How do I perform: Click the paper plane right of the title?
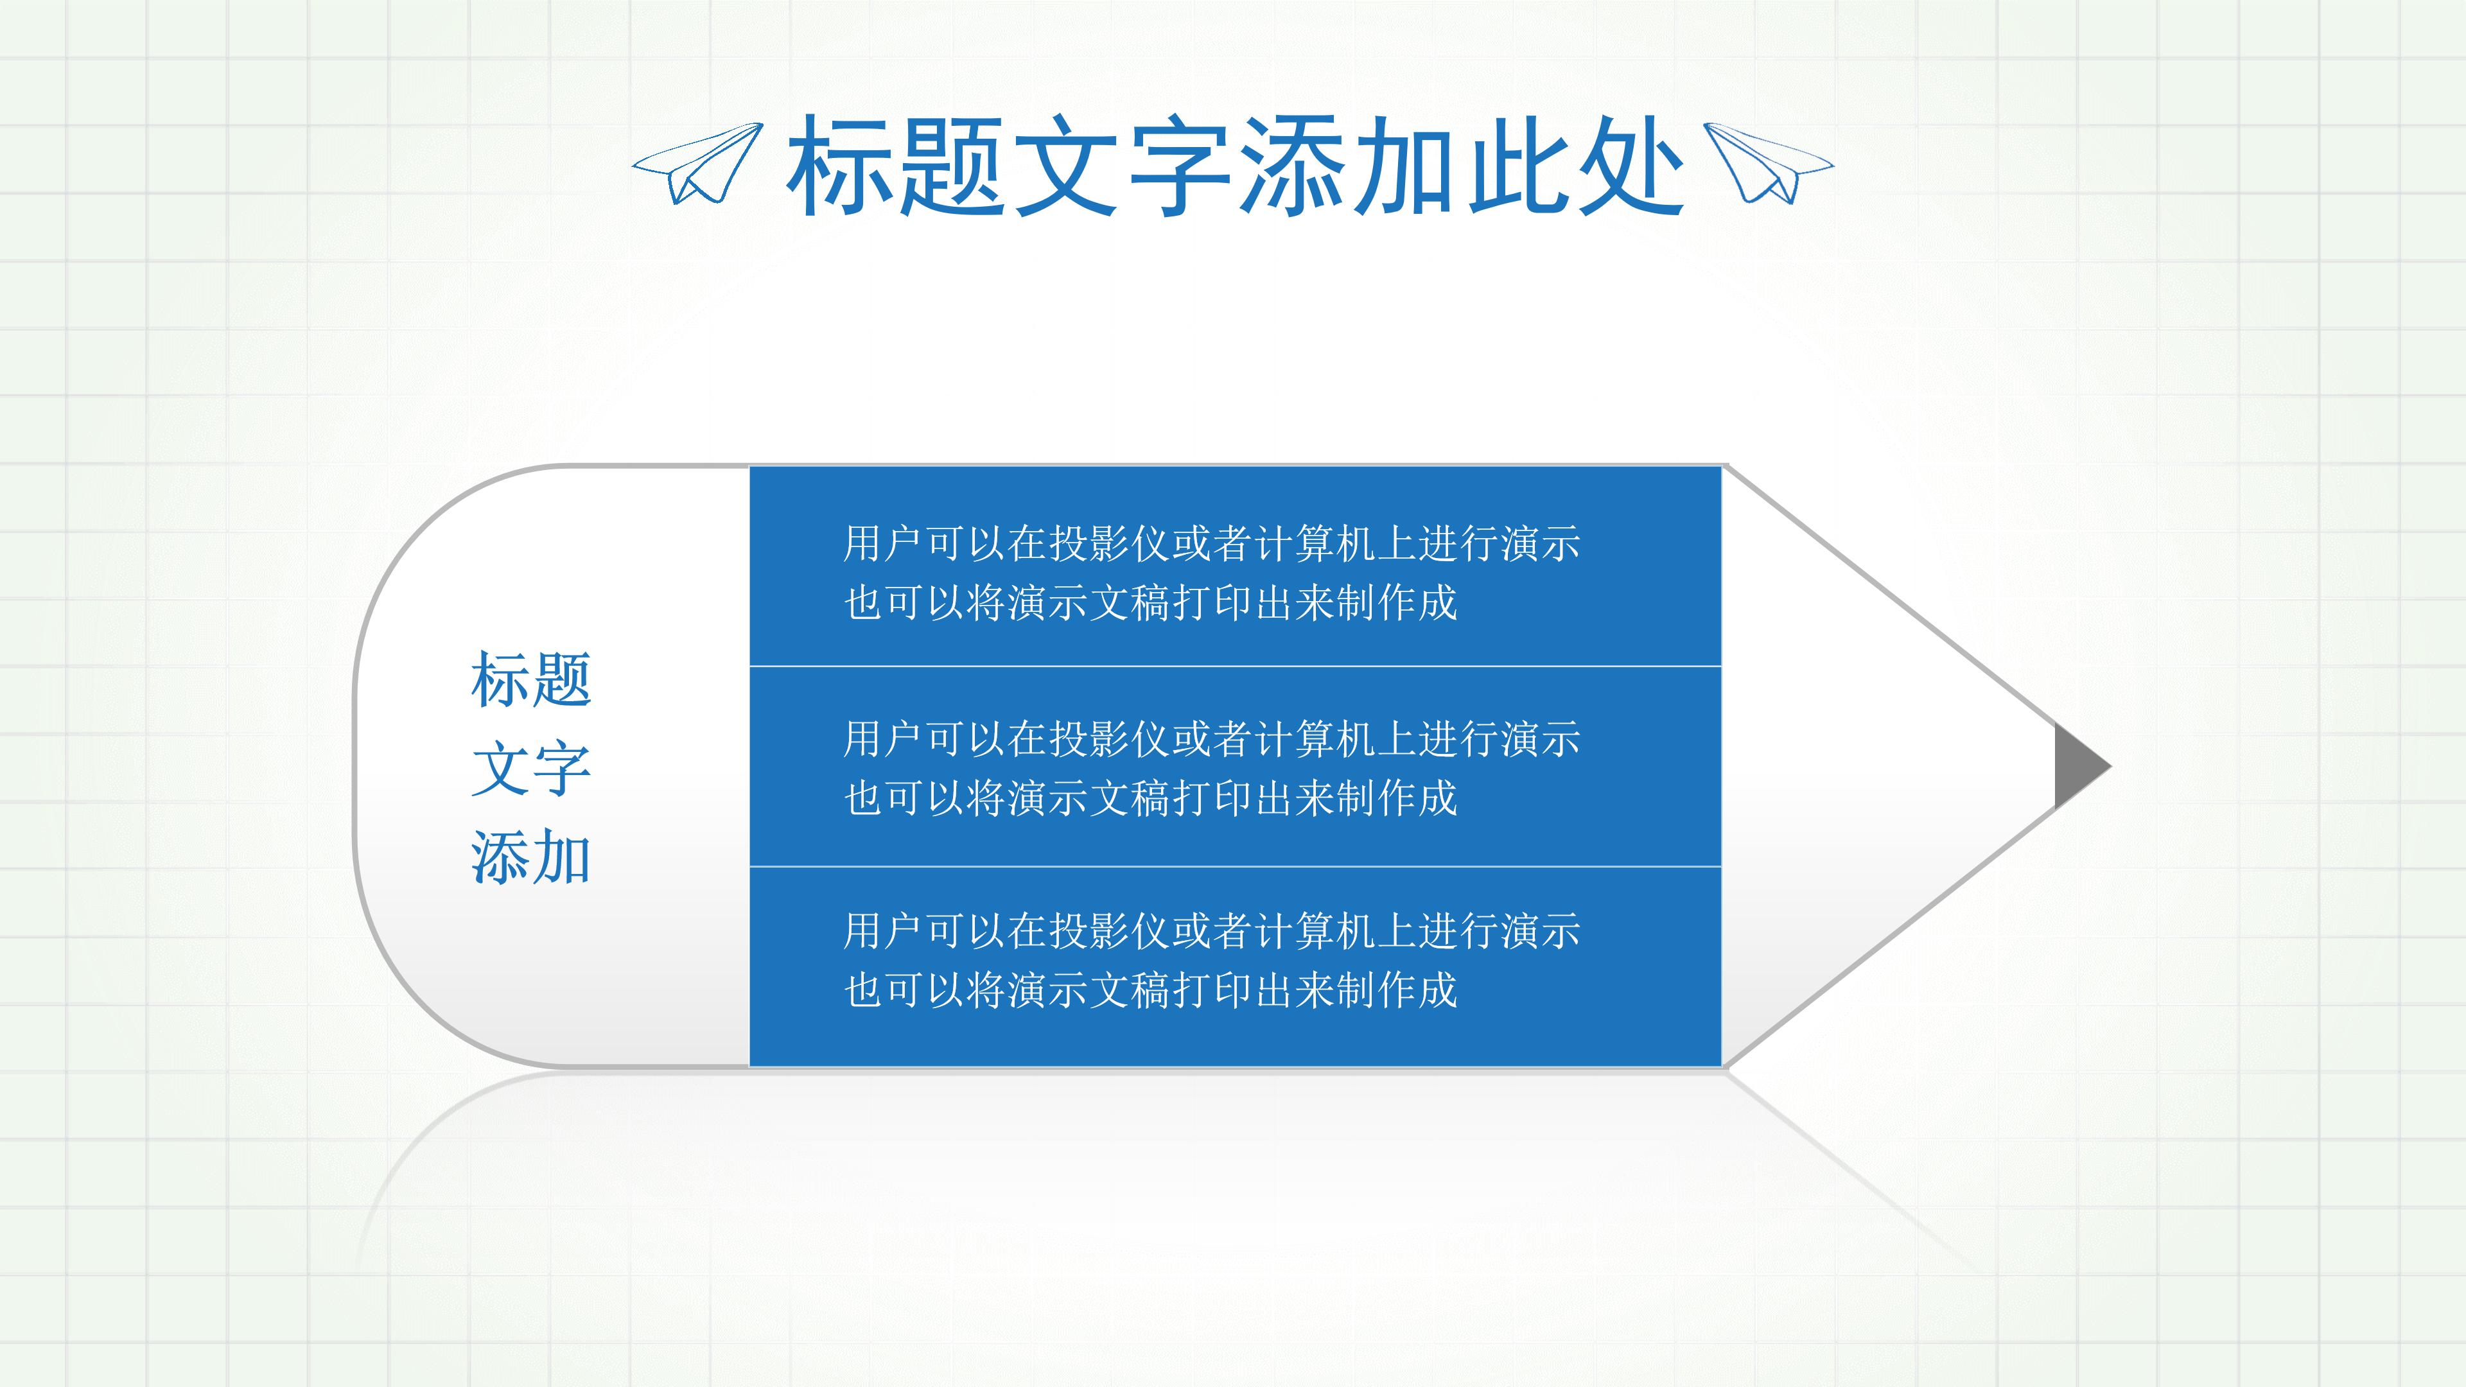click(x=1769, y=164)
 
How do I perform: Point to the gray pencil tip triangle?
click(x=2077, y=766)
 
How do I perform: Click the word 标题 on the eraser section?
click(x=531, y=679)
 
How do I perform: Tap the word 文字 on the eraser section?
click(x=531, y=769)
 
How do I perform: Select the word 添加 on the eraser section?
click(x=531, y=857)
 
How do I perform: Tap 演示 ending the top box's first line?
click(x=1541, y=544)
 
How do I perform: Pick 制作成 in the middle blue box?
click(x=1397, y=798)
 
